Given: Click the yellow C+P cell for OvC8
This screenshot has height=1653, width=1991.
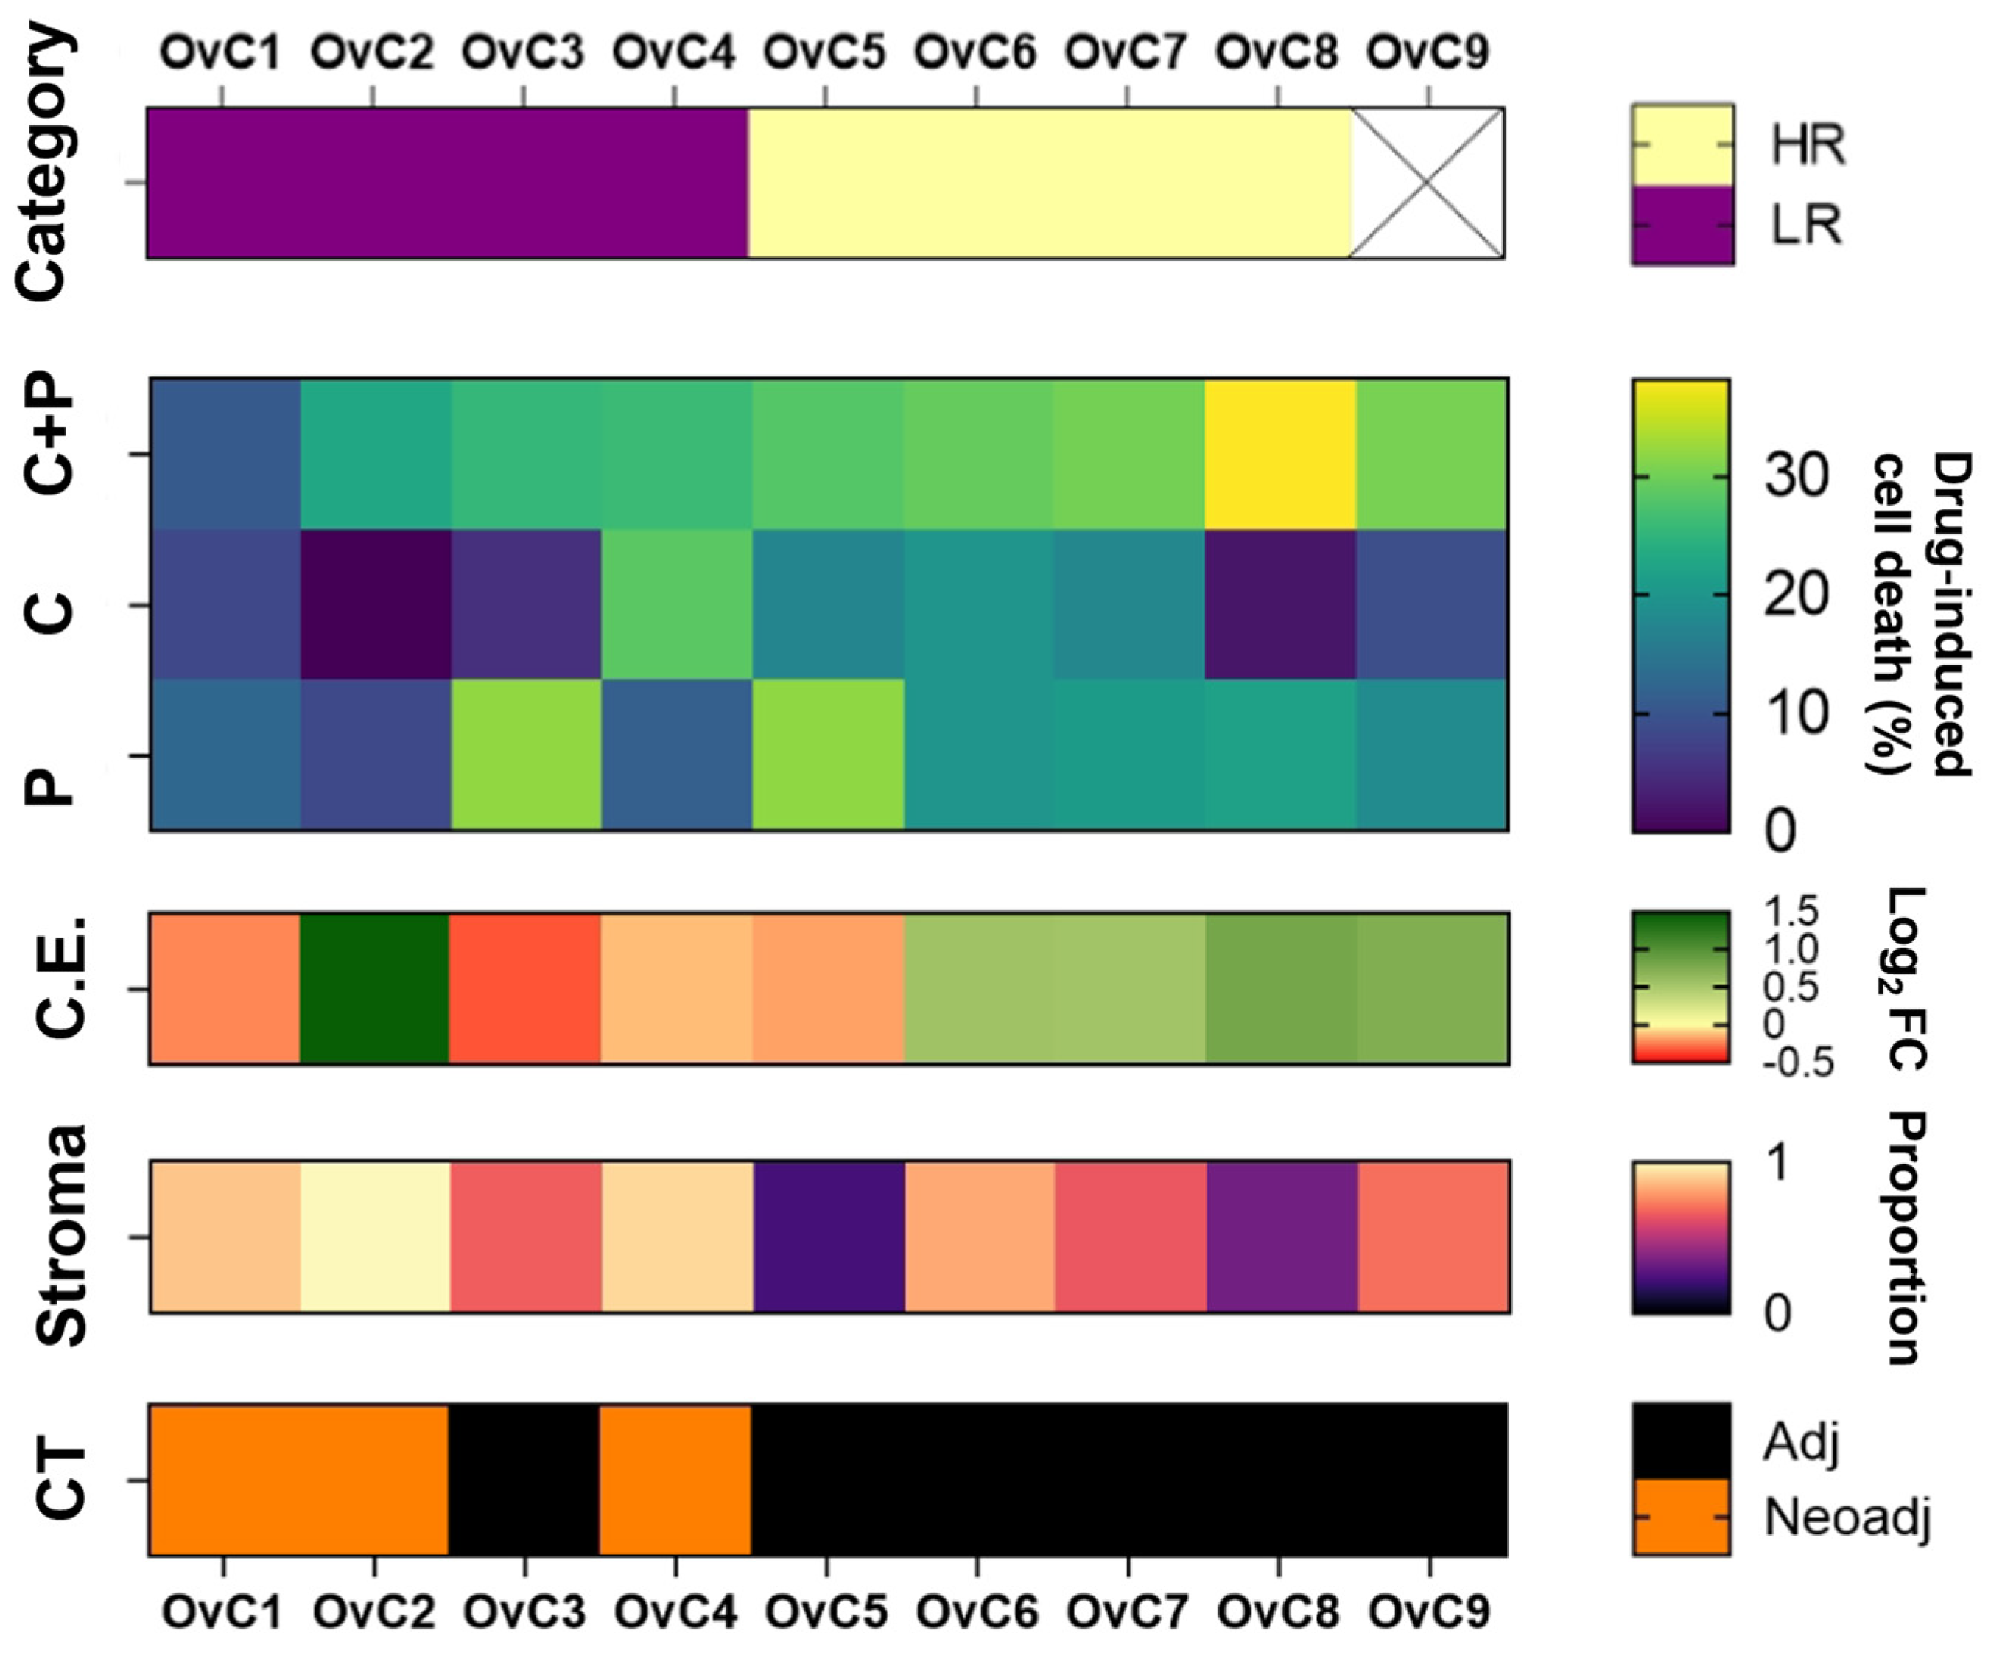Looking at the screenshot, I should (x=1280, y=453).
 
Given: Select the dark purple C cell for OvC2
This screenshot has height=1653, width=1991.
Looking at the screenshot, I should (x=376, y=604).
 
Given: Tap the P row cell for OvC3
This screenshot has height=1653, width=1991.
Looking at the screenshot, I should (x=525, y=755).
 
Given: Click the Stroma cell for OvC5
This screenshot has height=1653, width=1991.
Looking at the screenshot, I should (x=828, y=1236).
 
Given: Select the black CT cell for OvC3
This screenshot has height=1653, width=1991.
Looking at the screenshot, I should (x=524, y=1480).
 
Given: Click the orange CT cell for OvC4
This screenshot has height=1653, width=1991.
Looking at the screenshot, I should (x=675, y=1480).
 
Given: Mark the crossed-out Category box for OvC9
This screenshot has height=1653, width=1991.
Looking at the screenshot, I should (x=1427, y=182).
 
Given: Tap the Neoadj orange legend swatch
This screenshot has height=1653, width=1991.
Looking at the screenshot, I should (x=1681, y=1517).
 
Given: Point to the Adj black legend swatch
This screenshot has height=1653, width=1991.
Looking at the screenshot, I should (x=1681, y=1441).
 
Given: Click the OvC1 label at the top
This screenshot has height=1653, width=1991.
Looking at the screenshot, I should (x=221, y=52).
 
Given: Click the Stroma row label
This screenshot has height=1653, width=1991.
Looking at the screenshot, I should (x=62, y=1236).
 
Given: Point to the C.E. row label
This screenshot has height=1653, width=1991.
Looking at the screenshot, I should (x=62, y=976).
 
